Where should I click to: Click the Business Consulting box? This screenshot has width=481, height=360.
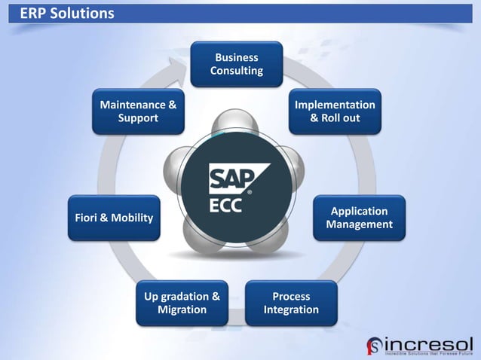point(236,64)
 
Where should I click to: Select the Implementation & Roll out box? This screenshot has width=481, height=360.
point(335,111)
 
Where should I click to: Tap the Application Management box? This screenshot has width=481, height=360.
point(359,218)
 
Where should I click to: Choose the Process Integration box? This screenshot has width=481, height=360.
point(291,303)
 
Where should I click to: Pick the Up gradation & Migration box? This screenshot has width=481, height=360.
point(182,303)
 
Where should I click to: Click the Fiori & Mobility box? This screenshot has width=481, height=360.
point(114,218)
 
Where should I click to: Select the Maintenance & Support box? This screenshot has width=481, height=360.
point(138,111)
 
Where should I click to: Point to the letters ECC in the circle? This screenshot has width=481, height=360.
point(225,205)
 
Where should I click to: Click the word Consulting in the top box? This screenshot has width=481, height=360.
point(237,71)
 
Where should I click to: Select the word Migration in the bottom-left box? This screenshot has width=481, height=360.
point(182,310)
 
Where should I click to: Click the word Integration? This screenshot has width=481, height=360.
point(291,310)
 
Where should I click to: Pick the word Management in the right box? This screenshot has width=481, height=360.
point(359,224)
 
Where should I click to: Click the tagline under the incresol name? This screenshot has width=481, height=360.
point(428,352)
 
